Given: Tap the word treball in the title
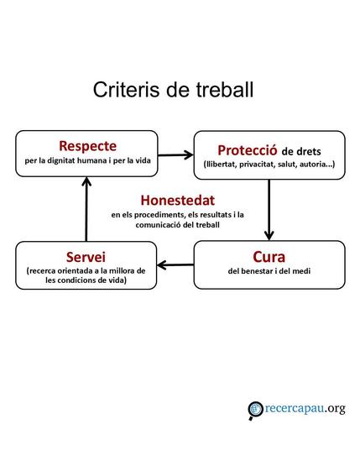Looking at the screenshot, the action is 225,90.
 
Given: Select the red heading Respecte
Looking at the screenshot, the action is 88,146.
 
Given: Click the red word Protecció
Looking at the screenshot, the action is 248,150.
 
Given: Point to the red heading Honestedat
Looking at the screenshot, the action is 178,201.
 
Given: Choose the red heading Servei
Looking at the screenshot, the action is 86,257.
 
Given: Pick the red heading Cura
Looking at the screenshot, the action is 269,257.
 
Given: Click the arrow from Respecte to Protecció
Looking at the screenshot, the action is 175,155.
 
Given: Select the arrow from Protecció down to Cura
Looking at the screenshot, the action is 269,210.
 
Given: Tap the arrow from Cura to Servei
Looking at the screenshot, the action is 175,264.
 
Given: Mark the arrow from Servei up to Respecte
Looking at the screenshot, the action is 86,209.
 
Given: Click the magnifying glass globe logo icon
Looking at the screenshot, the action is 255,411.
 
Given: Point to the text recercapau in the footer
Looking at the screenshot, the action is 295,407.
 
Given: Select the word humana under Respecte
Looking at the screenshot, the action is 92,160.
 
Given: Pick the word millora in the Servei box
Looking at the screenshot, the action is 123,270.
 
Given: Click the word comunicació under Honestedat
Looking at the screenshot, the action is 158,224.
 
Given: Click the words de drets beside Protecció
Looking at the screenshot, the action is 301,151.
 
